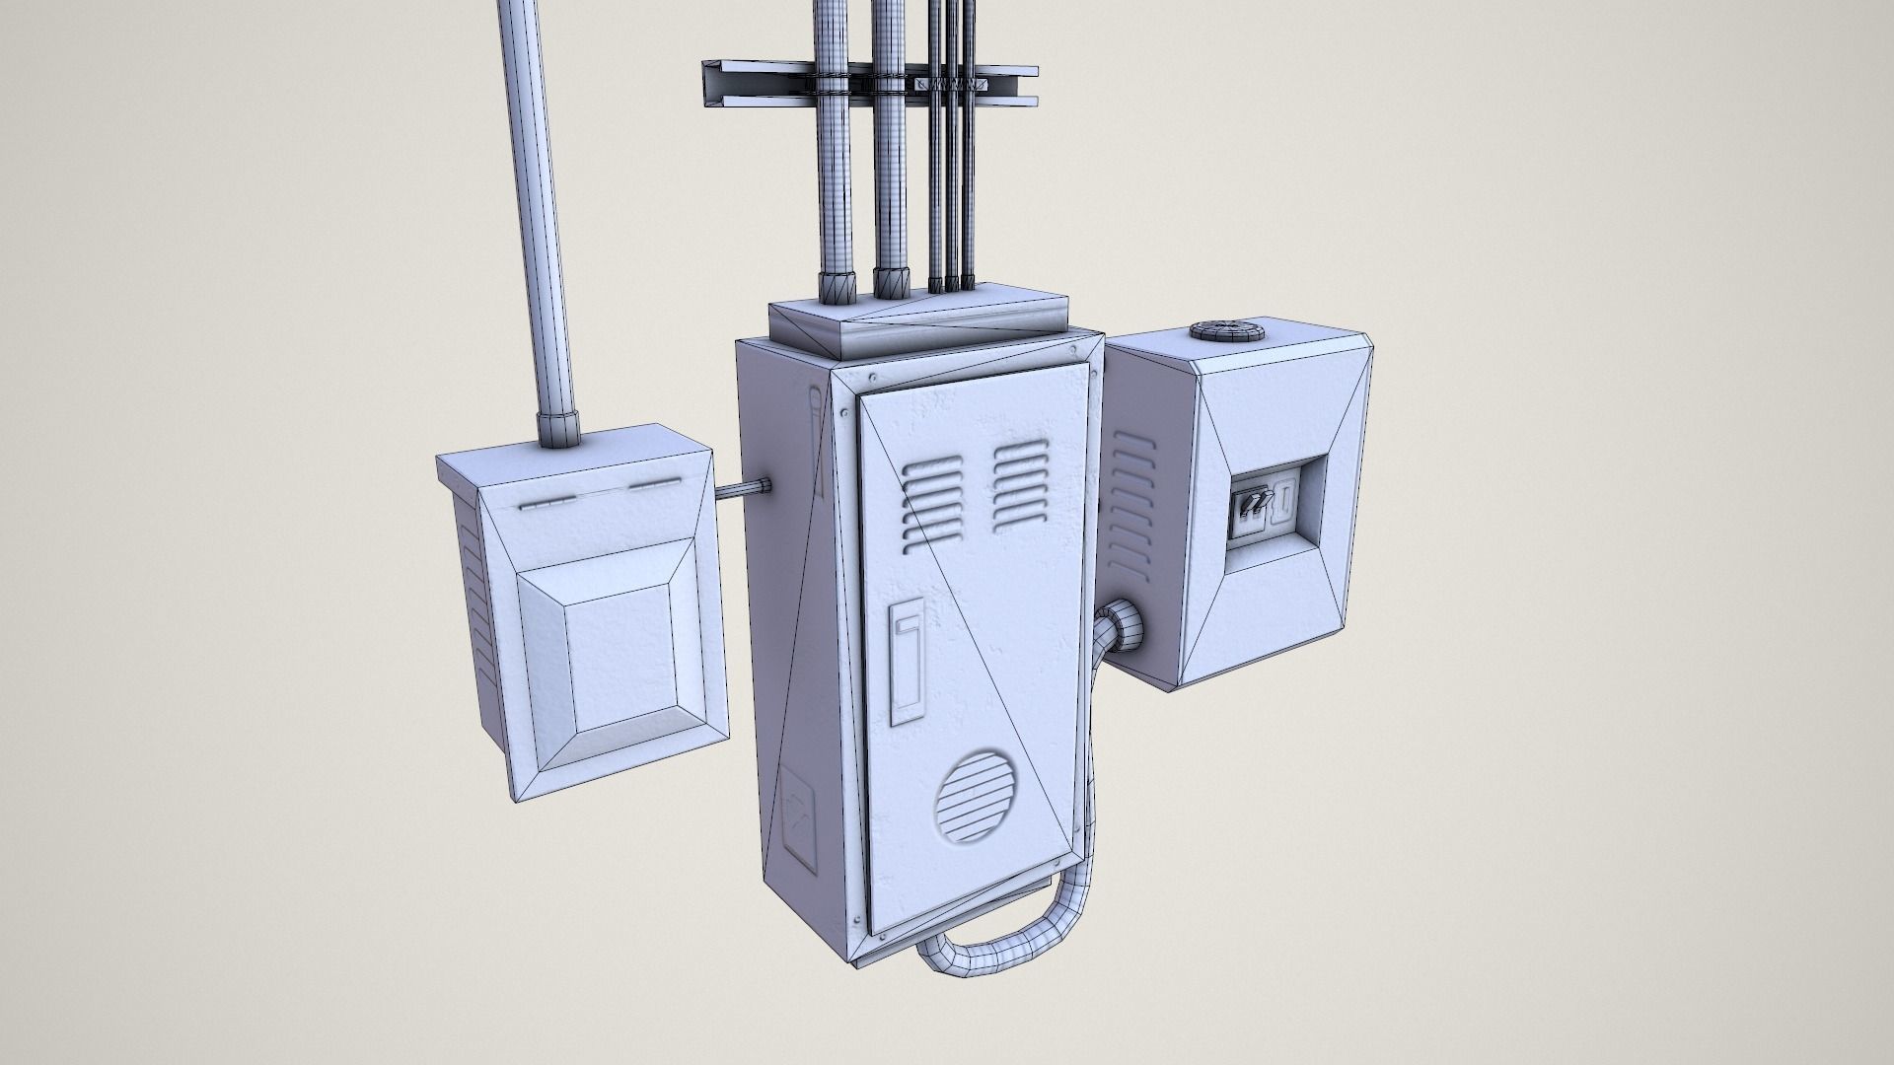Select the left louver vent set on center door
(930, 504)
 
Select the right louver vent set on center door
(1020, 485)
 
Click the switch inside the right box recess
(1251, 503)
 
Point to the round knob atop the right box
(1227, 332)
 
